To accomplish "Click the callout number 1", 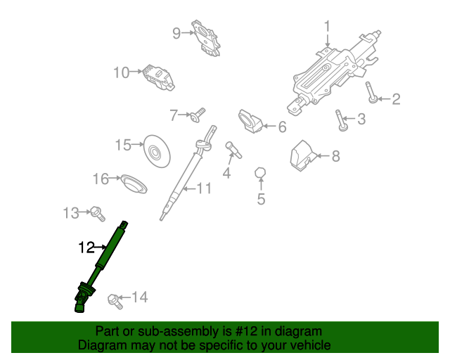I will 327,27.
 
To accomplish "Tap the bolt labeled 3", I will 341,121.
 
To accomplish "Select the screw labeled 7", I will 198,114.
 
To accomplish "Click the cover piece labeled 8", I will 303,155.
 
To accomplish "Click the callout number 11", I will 204,188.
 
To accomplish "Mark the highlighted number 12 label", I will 86,247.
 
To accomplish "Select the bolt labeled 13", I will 98,212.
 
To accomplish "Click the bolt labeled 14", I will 115,301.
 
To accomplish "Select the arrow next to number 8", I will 320,156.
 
